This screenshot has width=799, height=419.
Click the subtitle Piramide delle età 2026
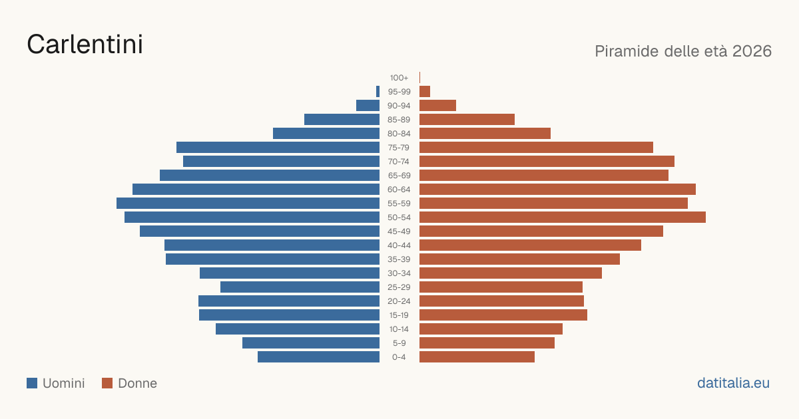coord(683,51)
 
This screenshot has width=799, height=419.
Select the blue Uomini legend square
coord(32,383)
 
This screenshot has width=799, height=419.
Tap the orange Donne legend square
coord(107,383)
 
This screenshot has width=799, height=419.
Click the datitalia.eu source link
coord(733,383)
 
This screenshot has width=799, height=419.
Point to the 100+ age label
coord(399,78)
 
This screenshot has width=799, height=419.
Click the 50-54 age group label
coord(399,217)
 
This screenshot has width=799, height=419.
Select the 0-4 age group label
coord(399,357)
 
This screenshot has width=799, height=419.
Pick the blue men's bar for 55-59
coord(248,204)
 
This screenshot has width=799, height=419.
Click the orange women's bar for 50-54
coord(563,217)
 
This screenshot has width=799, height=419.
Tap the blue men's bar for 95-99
coord(378,92)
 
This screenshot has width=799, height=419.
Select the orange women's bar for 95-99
coord(425,92)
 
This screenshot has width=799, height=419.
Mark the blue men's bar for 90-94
coord(368,106)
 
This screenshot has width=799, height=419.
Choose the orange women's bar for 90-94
coord(437,106)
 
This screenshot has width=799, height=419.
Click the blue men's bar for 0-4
coord(318,357)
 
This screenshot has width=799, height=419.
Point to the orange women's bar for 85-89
coord(467,119)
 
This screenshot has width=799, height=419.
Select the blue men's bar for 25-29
coord(300,287)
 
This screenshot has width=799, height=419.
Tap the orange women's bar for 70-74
coord(547,162)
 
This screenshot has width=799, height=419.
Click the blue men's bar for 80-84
coord(326,134)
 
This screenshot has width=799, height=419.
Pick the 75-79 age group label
coord(399,148)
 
